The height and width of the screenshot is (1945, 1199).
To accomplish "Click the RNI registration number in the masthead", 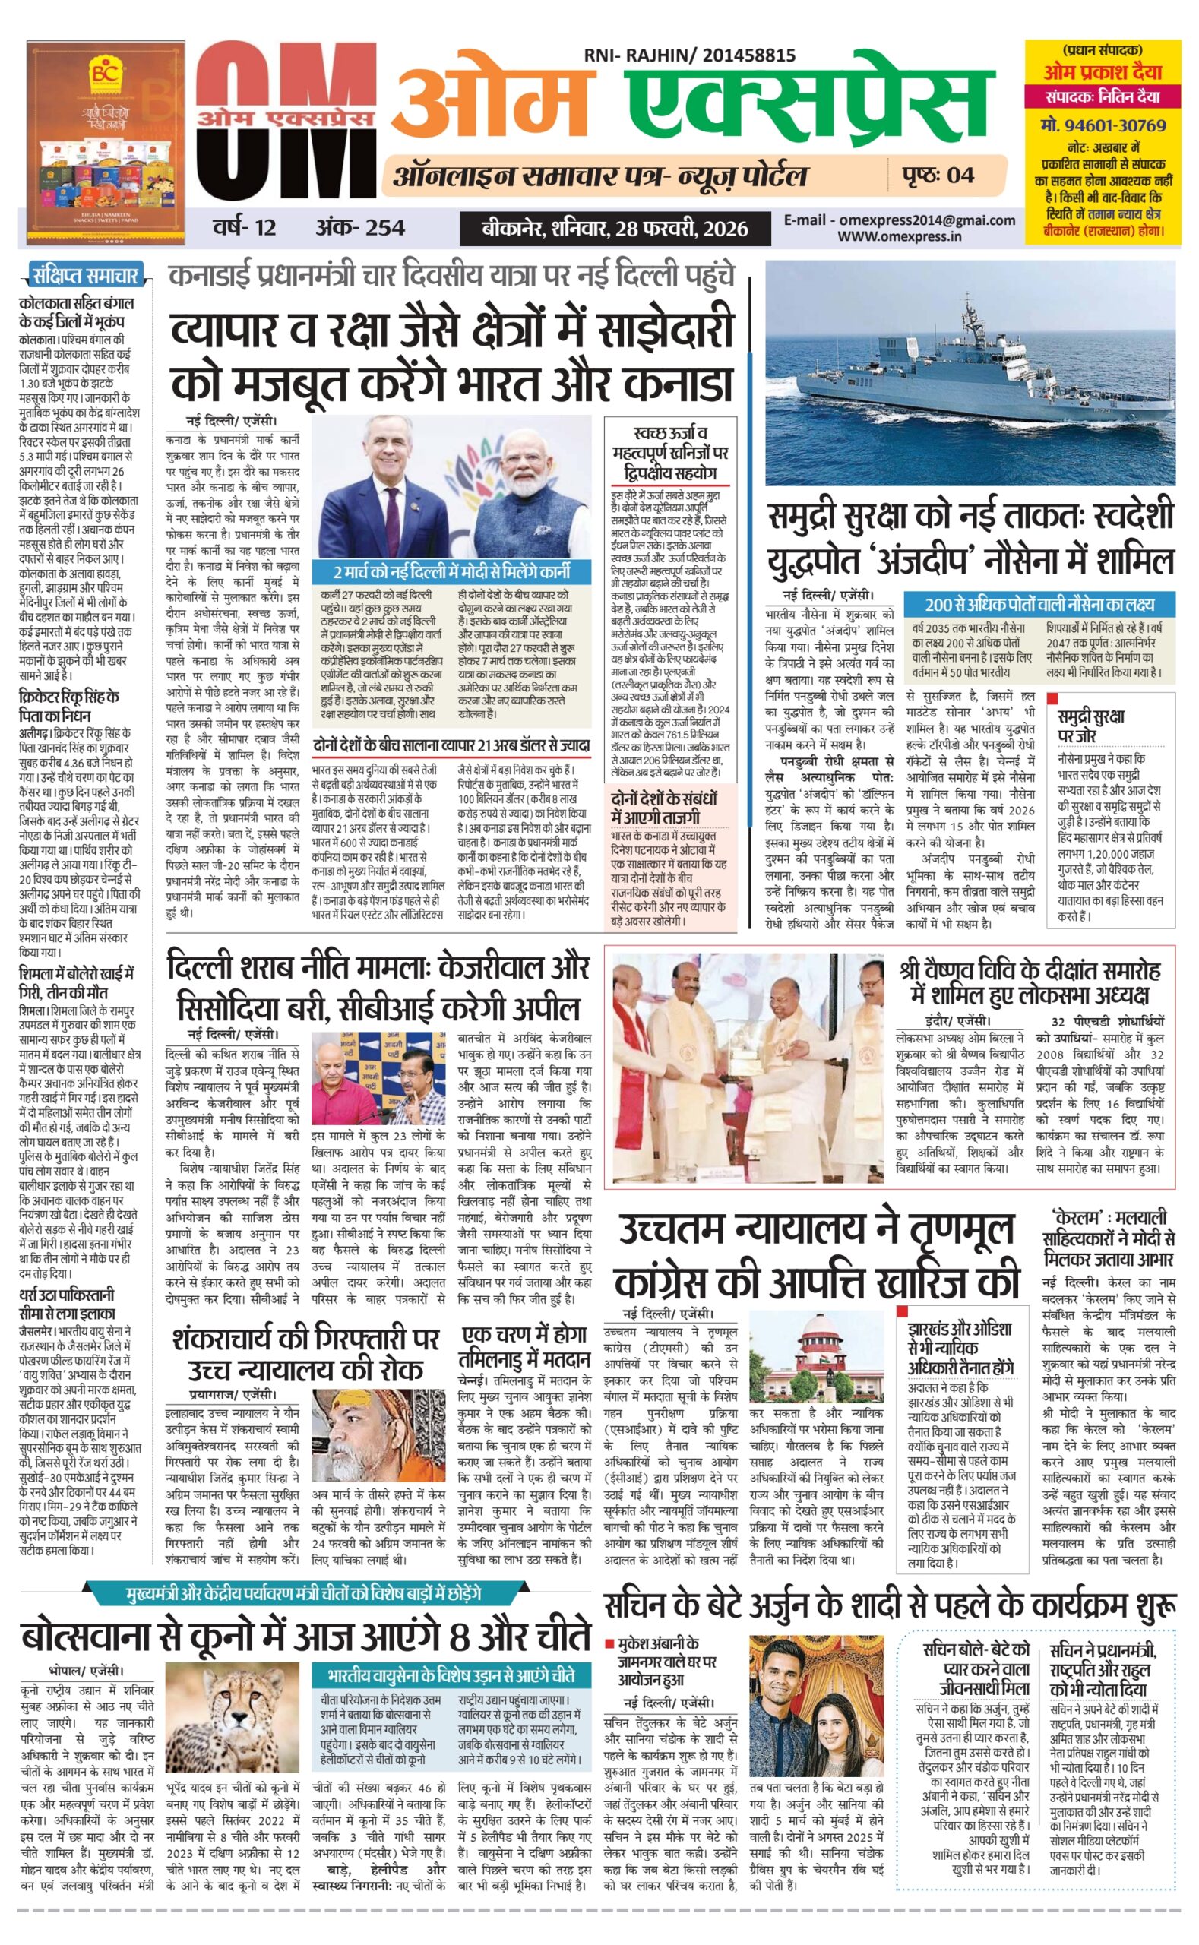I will tap(689, 55).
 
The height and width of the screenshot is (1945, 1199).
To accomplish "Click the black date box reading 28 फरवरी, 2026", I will tap(615, 229).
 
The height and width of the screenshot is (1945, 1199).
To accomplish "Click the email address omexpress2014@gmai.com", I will tap(900, 220).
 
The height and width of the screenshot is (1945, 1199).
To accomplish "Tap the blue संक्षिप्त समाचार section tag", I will tap(85, 276).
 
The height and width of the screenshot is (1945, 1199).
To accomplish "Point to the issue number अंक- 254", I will tap(360, 228).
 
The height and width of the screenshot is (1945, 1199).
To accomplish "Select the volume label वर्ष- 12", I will tap(244, 228).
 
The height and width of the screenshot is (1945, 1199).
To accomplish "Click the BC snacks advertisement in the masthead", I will tap(105, 143).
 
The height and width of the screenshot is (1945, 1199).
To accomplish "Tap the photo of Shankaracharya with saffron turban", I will tap(378, 1435).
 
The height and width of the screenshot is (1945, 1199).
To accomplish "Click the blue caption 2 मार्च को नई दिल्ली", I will tap(451, 571).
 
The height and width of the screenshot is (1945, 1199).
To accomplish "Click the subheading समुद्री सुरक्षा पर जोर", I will tap(1091, 726).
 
